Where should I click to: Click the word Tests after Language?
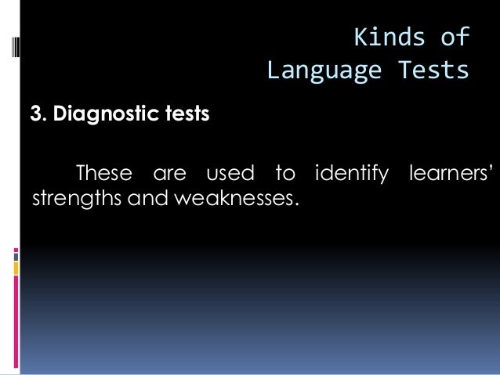click(431, 72)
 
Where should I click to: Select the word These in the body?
click(99, 171)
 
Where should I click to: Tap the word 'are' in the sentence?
click(164, 171)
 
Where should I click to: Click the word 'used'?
click(224, 171)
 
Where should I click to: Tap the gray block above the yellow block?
click(16, 254)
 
